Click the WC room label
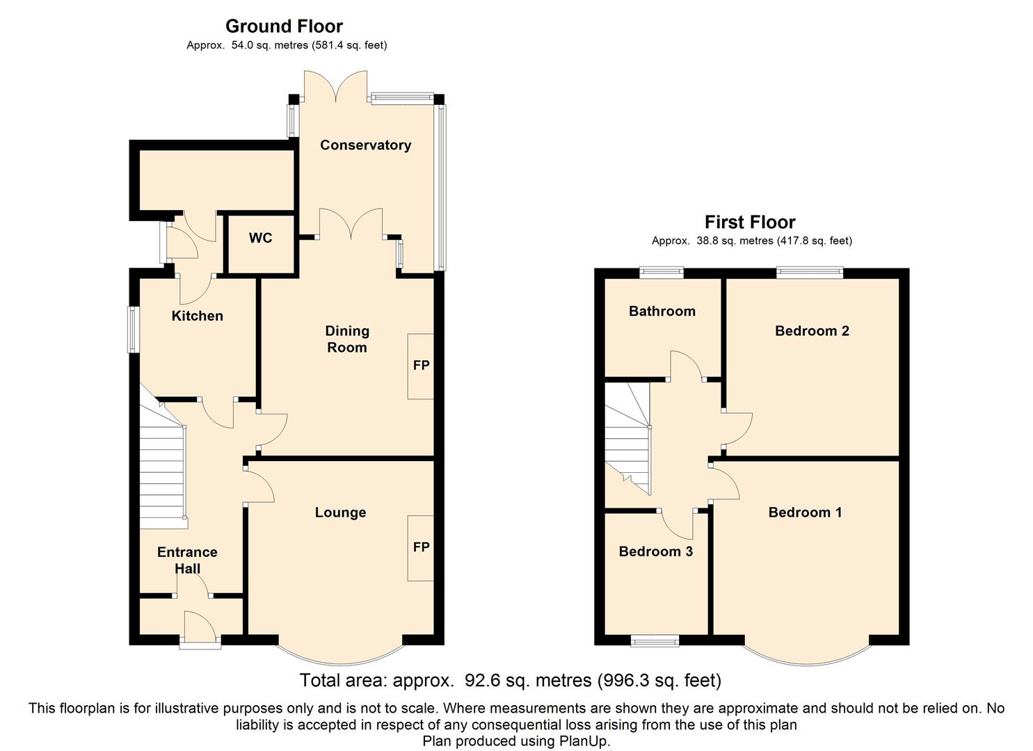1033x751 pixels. coord(260,238)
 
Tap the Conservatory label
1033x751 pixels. coord(365,145)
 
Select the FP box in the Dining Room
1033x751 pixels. coord(421,366)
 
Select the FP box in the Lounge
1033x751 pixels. coord(421,548)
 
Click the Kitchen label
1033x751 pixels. coord(198,316)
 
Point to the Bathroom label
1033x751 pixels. coord(662,312)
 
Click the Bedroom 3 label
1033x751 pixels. coord(655,551)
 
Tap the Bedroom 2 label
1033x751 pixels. coord(812,331)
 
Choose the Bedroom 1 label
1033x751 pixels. coord(806,512)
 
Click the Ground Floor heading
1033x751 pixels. coord(284,26)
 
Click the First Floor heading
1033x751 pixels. coord(750,223)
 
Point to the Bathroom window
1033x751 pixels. coord(662,273)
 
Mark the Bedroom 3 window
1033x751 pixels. coord(655,641)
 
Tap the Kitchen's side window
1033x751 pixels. coord(133,330)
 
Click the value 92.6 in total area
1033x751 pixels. coord(482,681)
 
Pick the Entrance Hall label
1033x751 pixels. coord(187,560)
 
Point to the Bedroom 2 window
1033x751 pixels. coord(810,273)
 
